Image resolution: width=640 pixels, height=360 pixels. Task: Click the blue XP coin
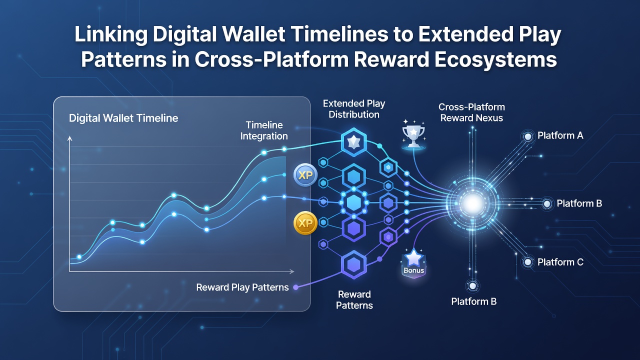click(x=305, y=175)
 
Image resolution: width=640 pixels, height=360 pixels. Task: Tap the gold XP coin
click(x=305, y=223)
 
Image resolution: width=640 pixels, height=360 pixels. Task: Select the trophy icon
click(x=413, y=135)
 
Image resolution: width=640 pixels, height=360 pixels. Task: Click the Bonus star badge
click(x=413, y=263)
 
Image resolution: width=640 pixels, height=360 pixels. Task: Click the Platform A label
click(x=560, y=135)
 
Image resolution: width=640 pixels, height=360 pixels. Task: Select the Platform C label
click(x=560, y=262)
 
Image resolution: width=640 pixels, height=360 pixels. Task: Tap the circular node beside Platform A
click(x=528, y=136)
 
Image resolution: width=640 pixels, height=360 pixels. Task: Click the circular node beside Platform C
click(x=528, y=261)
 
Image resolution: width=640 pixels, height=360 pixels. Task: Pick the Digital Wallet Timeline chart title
click(x=123, y=118)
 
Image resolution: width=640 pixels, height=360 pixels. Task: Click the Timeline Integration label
click(x=264, y=130)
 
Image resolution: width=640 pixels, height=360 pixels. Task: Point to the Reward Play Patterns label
click(x=242, y=287)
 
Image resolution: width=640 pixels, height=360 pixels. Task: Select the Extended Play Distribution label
click(x=354, y=109)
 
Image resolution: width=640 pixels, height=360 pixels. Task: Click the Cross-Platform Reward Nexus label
click(x=471, y=112)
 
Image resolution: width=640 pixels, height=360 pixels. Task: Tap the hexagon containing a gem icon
click(x=354, y=141)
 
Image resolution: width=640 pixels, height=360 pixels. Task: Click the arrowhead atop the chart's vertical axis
click(x=69, y=139)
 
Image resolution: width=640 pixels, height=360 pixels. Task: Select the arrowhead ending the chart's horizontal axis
click(x=291, y=271)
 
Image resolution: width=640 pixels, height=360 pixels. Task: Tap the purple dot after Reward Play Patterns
click(x=296, y=287)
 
